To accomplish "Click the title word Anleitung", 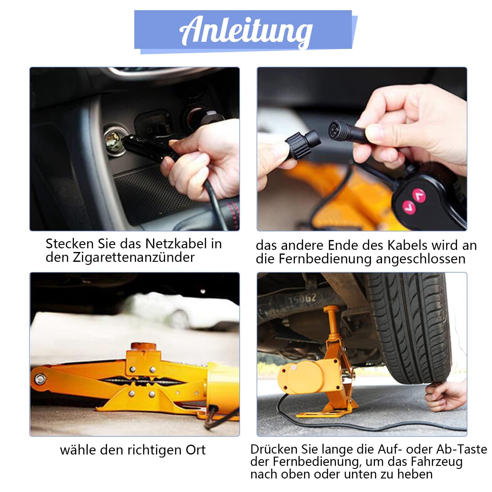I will (x=246, y=31).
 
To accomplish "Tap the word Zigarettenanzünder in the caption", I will (x=133, y=258).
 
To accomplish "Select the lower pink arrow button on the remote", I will (x=409, y=207).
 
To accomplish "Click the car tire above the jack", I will (x=412, y=326).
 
